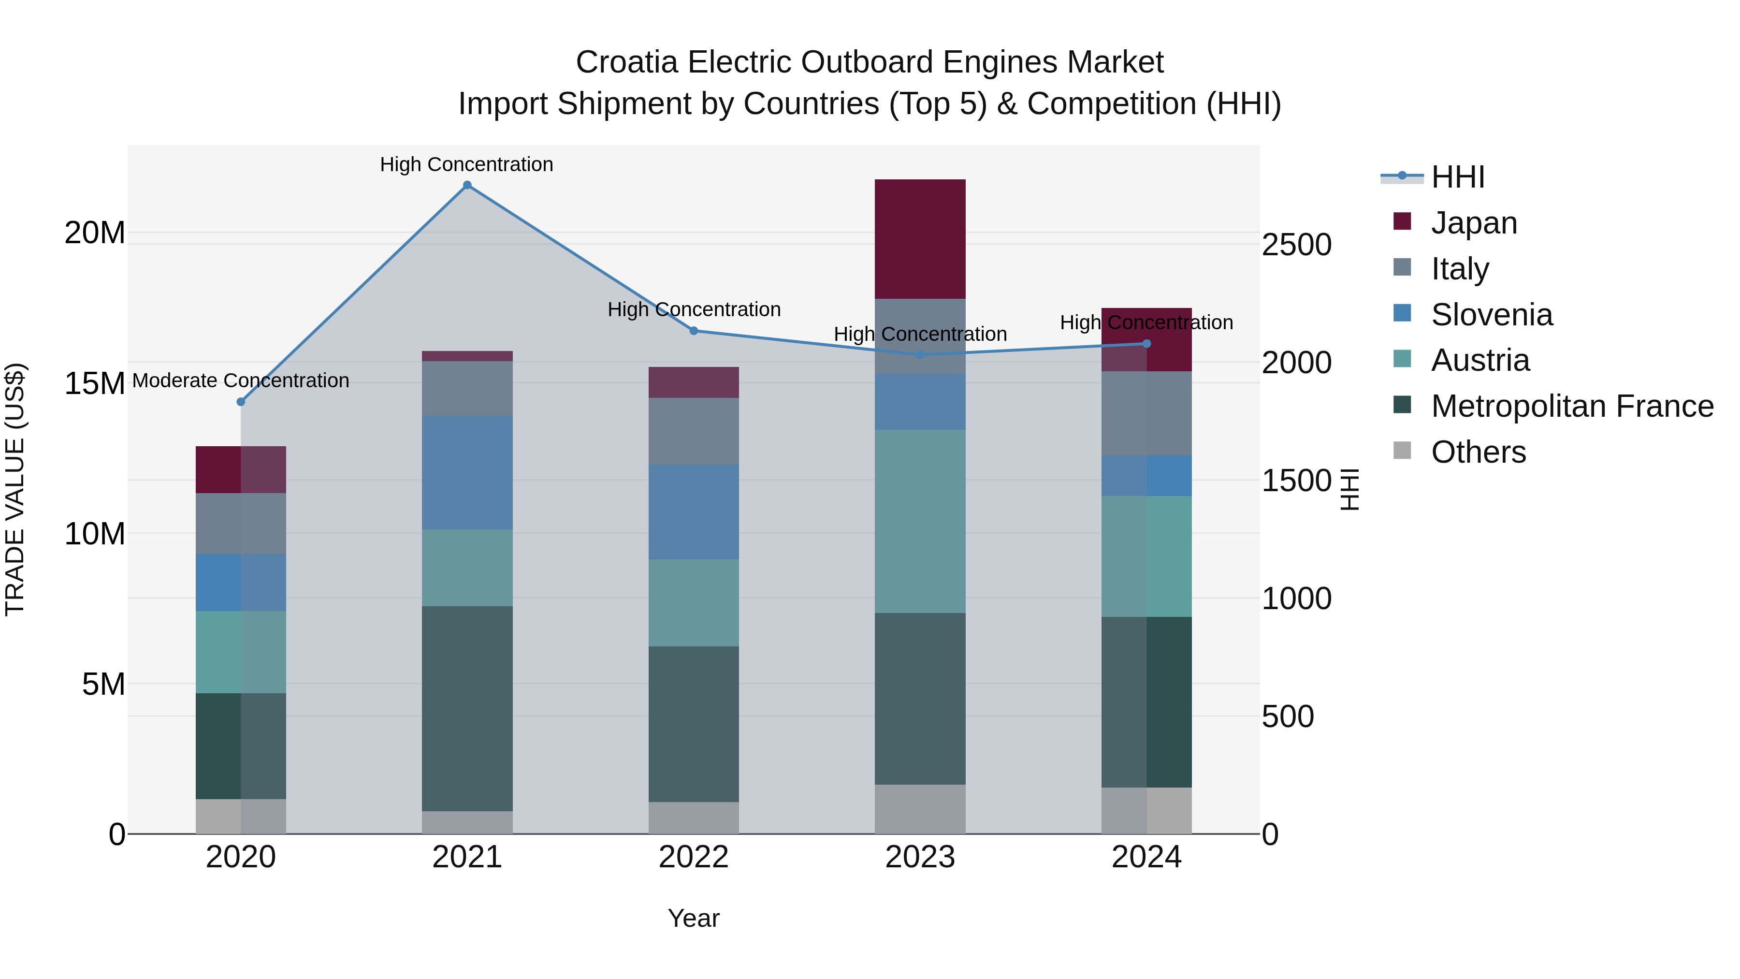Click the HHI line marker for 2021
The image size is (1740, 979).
467,185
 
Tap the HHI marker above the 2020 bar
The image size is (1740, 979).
241,402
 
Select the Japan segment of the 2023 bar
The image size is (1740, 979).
920,239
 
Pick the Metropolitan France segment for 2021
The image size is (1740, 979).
467,708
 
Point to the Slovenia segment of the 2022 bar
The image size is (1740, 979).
694,511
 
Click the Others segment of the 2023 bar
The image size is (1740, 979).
920,809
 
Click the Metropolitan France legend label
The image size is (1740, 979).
1572,406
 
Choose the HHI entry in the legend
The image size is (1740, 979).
1457,177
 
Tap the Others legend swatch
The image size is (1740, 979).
1402,451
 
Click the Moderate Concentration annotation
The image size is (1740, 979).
241,380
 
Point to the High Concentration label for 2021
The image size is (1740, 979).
467,164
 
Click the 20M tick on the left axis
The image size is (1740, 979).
95,233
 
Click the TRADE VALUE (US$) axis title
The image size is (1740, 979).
15,489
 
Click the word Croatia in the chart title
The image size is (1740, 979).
626,62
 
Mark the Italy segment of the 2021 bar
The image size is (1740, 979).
467,389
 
